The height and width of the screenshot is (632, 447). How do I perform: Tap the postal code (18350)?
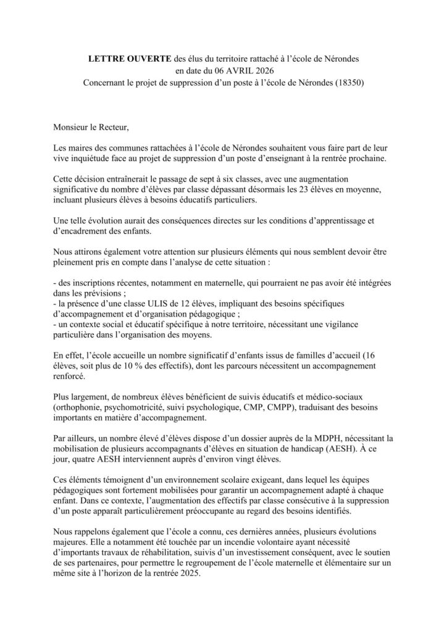coord(344,83)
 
